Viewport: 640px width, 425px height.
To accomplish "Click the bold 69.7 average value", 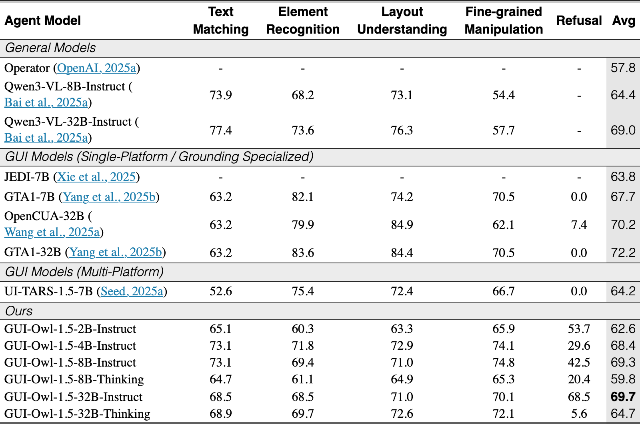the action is pos(623,397).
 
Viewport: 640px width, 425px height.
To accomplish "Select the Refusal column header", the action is pos(579,20).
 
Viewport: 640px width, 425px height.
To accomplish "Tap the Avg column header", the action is pos(624,21).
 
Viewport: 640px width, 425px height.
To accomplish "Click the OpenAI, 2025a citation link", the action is pos(96,68).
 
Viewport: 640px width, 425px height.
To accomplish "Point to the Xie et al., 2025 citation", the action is pos(96,177).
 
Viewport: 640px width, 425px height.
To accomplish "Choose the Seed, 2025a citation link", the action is pos(132,291).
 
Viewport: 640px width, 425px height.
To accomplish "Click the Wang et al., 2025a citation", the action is pos(52,232).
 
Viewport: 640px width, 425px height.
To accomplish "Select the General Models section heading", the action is pos(50,48).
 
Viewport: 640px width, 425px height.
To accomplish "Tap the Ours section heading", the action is pos(19,311).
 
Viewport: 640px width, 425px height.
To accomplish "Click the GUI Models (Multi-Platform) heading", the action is pos(84,271).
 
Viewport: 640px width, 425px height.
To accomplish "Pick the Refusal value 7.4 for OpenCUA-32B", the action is pos(579,225).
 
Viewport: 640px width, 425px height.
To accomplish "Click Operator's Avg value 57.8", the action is pos(623,68).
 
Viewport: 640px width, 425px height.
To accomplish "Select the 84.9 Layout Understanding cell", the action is pos(402,225).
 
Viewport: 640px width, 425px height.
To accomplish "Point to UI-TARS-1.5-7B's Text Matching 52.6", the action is pos(220,291).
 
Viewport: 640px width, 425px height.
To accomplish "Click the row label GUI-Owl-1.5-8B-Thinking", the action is pos(74,379).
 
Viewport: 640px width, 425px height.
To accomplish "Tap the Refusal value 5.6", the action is pos(579,413).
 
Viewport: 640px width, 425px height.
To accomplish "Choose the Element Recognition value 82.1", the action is pos(302,196).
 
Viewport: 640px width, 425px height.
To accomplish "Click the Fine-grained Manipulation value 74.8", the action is pos(504,363).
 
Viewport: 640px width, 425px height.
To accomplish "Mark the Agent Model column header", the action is pos(42,20).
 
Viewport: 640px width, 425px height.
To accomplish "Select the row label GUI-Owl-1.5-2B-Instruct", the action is pos(70,329).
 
